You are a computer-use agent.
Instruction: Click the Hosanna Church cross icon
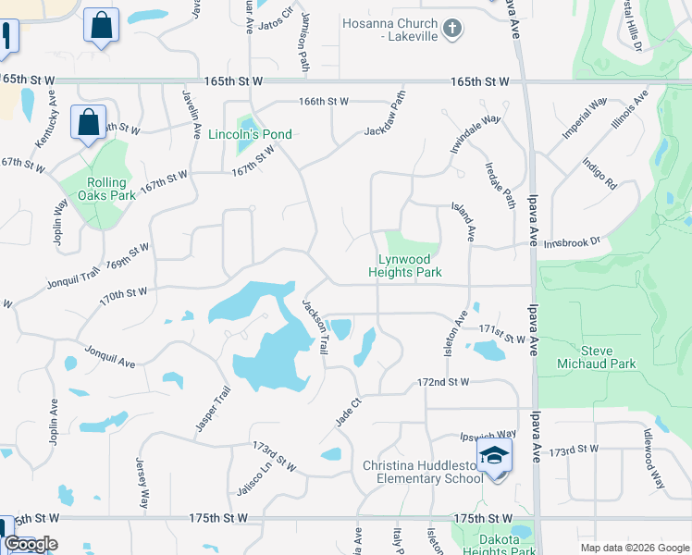pos(451,30)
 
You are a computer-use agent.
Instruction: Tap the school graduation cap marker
pos(495,458)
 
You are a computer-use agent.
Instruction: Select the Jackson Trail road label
pos(315,325)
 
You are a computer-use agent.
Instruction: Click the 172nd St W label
pos(443,381)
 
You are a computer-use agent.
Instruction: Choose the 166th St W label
pos(323,101)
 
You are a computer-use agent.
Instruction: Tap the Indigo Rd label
pos(599,174)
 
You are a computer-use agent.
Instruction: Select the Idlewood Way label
pos(653,459)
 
